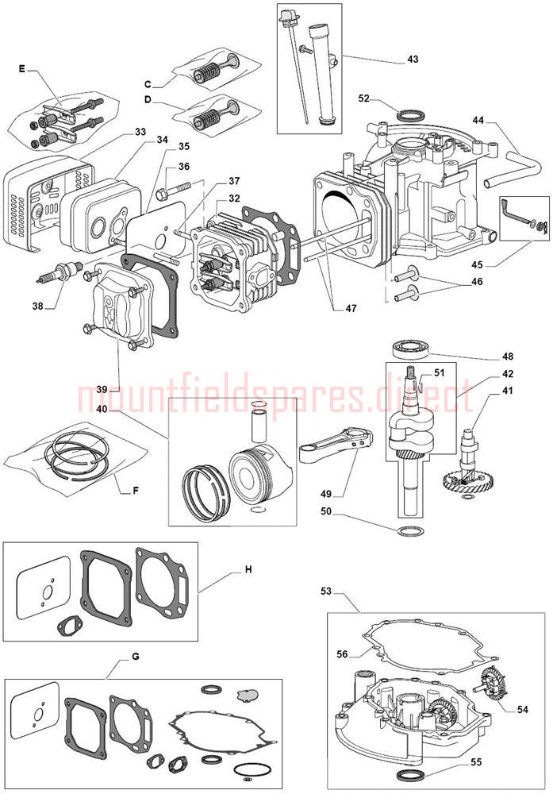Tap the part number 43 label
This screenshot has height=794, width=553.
click(x=413, y=60)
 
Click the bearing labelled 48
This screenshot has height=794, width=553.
click(x=412, y=350)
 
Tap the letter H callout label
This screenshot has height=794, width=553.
click(x=248, y=569)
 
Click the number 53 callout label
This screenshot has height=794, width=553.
click(x=326, y=591)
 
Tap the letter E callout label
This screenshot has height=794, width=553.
click(x=21, y=69)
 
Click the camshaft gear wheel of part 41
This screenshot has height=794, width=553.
click(x=461, y=484)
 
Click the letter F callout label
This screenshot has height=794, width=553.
click(x=135, y=490)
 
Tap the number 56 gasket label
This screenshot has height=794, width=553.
click(x=342, y=654)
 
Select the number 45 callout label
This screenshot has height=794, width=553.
click(x=478, y=264)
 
